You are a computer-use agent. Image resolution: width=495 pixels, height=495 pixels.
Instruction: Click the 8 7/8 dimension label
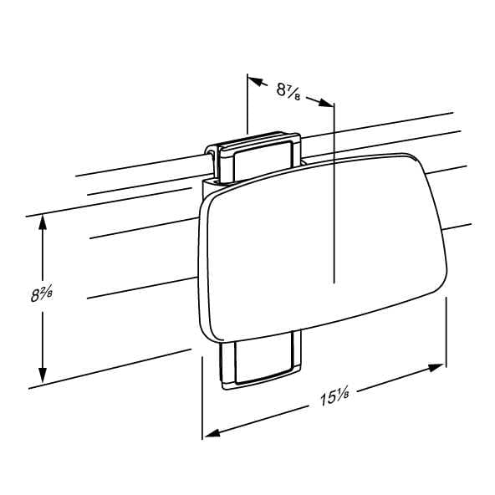point(288,90)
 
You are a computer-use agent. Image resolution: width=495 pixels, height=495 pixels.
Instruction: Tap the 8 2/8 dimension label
point(42,294)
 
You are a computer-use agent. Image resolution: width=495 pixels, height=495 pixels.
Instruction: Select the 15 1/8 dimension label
point(334,397)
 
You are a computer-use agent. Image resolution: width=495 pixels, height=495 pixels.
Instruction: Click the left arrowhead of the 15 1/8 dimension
point(212,433)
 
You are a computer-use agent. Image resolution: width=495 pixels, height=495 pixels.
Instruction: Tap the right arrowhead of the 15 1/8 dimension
point(436,368)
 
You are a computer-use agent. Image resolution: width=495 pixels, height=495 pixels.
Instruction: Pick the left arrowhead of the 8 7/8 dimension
point(256,81)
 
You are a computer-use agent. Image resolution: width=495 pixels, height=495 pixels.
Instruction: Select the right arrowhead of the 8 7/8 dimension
point(326,103)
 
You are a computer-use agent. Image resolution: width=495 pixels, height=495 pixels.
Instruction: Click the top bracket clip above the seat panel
point(257,156)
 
